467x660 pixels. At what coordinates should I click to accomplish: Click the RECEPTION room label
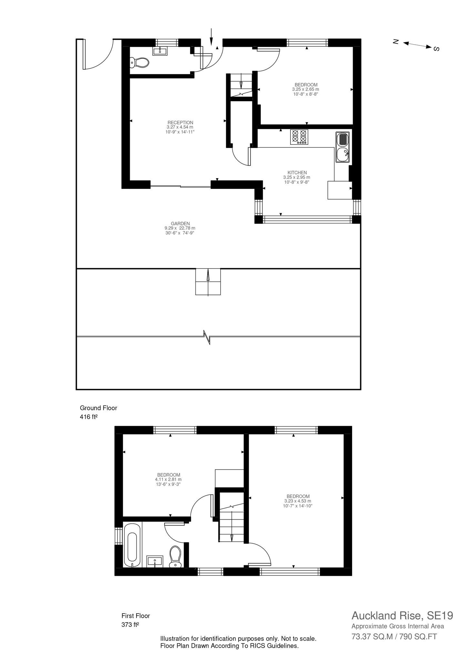[180, 122]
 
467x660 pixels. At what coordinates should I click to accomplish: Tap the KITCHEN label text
[297, 173]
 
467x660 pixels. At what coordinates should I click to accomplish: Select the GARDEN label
[180, 223]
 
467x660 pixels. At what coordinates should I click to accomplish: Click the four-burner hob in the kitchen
[299, 137]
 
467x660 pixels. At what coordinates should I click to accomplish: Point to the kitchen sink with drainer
[342, 147]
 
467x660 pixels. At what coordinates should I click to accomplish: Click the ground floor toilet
[139, 62]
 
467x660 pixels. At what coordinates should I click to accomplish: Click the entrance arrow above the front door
[211, 36]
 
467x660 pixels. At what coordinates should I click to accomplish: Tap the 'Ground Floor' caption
[98, 408]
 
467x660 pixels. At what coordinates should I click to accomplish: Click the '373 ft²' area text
[130, 625]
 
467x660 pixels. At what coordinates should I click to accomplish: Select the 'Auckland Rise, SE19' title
[402, 616]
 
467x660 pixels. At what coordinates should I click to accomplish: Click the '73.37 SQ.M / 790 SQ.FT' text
[394, 637]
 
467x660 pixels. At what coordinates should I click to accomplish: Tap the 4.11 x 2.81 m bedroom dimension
[168, 480]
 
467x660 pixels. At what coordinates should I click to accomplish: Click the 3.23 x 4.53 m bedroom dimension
[298, 501]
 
